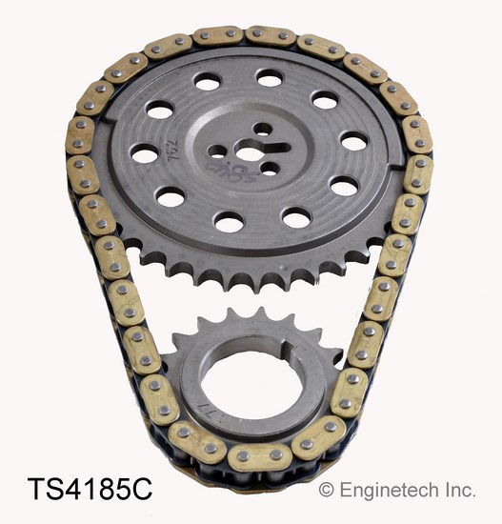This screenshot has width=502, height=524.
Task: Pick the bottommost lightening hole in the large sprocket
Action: pyautogui.click(x=228, y=222)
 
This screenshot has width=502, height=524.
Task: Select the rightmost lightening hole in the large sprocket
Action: pyautogui.click(x=354, y=142)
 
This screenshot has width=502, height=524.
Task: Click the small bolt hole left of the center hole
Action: pyautogui.click(x=218, y=151)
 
